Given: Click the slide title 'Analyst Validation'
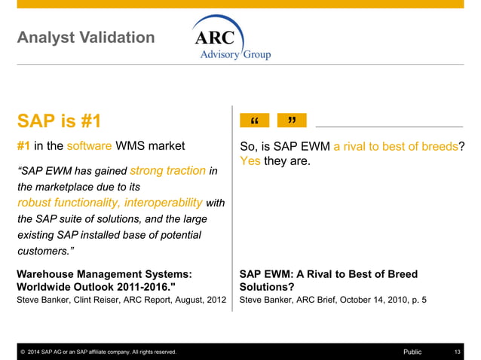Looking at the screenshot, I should pyautogui.click(x=85, y=38).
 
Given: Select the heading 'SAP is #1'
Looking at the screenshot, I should pyautogui.click(x=59, y=121).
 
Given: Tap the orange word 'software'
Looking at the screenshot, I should pyautogui.click(x=89, y=146).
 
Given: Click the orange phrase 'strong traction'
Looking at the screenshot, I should pyautogui.click(x=167, y=171).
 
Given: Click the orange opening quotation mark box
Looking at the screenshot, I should pyautogui.click(x=254, y=121).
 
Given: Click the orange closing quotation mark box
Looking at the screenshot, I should pyautogui.click(x=292, y=121).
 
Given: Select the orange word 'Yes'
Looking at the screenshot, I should pyautogui.click(x=250, y=160).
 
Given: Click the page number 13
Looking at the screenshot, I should pyautogui.click(x=457, y=352).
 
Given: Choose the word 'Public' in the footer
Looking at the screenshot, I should pyautogui.click(x=412, y=352).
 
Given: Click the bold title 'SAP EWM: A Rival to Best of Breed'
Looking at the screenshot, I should pyautogui.click(x=328, y=275).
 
